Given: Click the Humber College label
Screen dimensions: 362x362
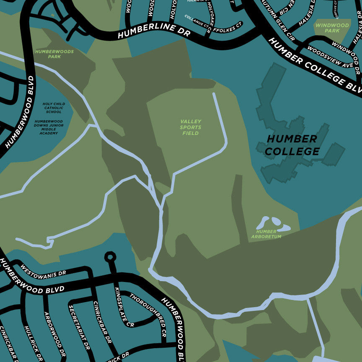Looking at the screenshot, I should tap(292, 145).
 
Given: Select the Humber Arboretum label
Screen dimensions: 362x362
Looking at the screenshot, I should tap(266, 234).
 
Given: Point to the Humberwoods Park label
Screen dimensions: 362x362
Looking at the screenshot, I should tap(54, 54).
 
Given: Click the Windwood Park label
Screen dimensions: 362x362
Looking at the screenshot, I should tap(332, 28).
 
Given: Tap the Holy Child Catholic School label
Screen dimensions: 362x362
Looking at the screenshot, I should tap(53, 108).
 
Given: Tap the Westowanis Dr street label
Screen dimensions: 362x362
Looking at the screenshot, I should tap(43, 270).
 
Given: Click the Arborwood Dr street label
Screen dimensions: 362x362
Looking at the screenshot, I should tap(54, 334).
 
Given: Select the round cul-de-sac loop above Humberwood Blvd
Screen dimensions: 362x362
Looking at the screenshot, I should tap(110, 256).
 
